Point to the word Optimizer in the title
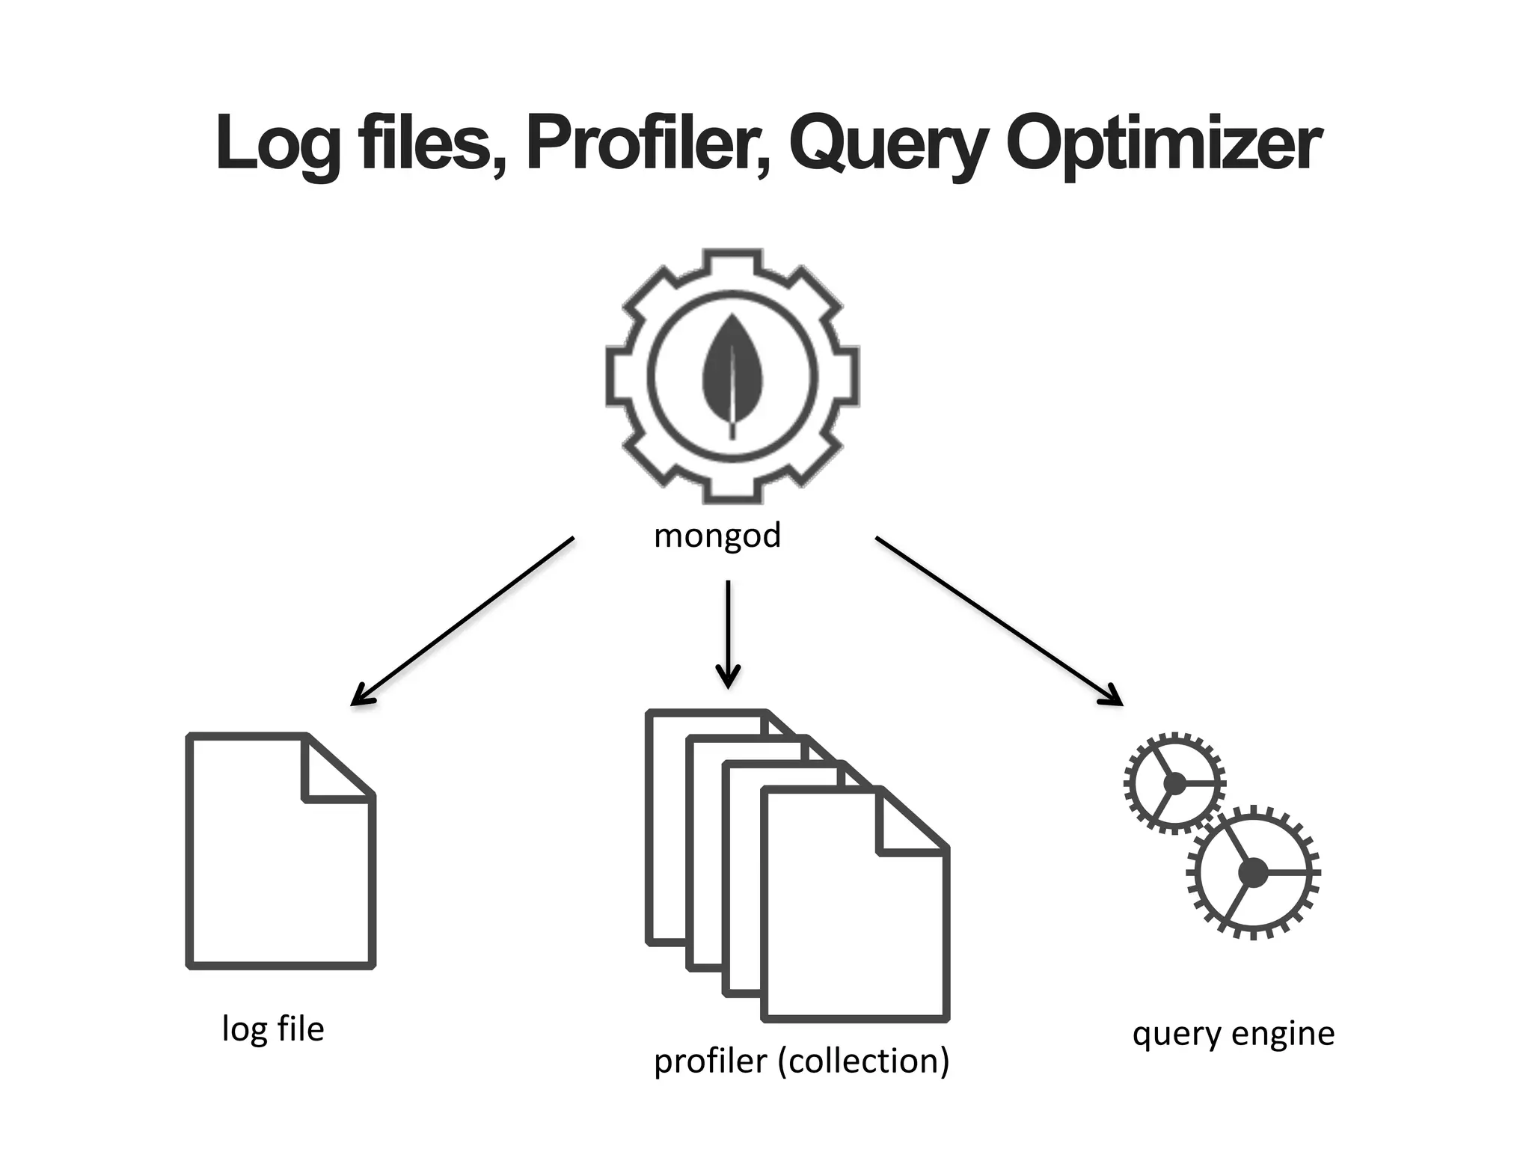pos(1163,144)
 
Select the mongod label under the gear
pos(717,536)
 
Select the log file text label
pos(273,1029)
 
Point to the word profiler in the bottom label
pos(711,1061)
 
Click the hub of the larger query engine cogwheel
pos(1253,872)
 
